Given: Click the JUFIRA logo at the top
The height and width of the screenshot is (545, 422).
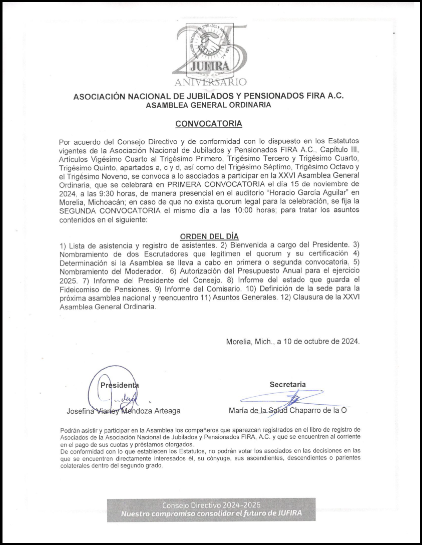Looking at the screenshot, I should click(210, 50).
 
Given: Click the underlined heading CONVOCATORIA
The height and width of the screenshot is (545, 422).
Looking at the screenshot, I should click(208, 123).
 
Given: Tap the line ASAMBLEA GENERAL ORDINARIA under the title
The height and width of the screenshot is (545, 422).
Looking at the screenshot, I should click(208, 105).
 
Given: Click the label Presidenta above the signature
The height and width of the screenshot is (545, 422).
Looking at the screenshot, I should click(120, 385).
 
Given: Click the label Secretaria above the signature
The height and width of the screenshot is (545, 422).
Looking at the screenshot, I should click(287, 384).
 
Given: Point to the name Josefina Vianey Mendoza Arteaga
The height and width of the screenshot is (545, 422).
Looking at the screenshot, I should click(124, 411).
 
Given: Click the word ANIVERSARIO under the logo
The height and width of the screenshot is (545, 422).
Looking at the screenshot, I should click(210, 81).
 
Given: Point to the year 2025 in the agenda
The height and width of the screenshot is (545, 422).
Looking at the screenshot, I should click(69, 281).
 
